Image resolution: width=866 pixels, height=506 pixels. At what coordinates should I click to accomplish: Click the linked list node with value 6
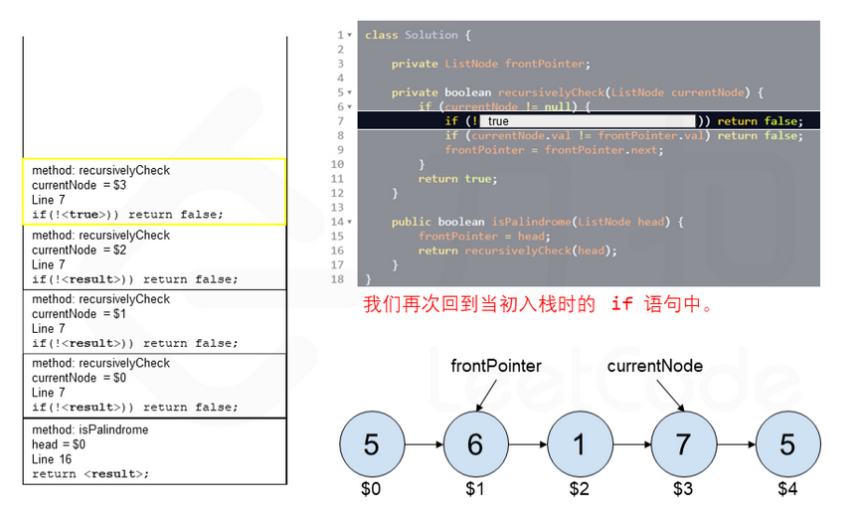(x=475, y=443)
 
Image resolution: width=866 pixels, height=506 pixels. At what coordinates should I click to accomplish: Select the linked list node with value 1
(x=580, y=443)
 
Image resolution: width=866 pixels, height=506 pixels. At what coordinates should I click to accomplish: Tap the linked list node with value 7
(x=683, y=443)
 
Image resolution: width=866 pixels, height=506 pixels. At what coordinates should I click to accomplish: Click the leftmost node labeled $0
(x=371, y=443)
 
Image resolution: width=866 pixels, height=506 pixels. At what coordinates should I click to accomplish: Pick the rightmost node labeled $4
(x=786, y=443)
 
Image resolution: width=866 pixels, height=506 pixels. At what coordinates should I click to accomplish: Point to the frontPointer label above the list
(x=496, y=366)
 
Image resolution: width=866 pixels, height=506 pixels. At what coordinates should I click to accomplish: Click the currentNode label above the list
(x=654, y=366)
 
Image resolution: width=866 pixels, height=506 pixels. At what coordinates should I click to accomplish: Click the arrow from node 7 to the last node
(x=734, y=443)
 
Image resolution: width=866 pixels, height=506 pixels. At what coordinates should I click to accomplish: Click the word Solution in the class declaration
(x=432, y=35)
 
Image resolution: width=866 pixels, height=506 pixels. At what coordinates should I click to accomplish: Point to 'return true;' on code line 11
(x=456, y=179)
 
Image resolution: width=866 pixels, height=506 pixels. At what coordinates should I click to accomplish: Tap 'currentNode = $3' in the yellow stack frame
(x=80, y=185)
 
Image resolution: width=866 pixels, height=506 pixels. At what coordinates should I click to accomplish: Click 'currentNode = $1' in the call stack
(x=80, y=313)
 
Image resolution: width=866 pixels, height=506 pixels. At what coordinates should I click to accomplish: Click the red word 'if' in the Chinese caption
(x=621, y=304)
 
